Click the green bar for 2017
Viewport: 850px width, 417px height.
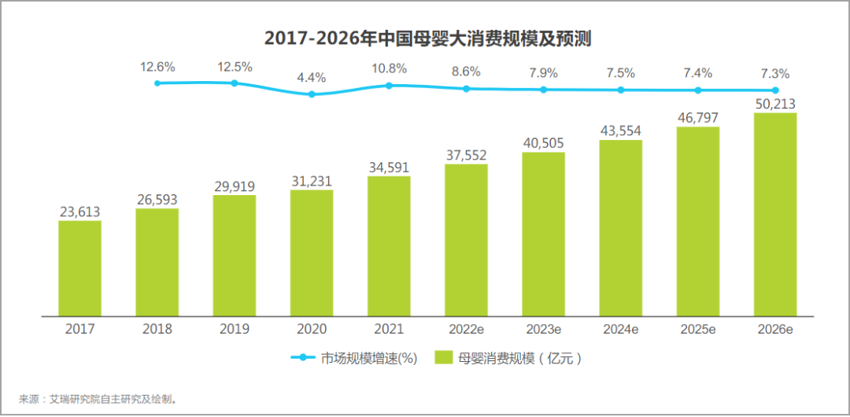coord(79,268)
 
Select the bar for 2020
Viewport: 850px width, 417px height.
coord(312,253)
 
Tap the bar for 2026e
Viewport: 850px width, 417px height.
coord(775,214)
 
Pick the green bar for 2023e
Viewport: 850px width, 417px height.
coord(543,234)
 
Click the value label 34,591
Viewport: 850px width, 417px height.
coord(389,167)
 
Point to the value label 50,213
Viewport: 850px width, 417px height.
coord(775,103)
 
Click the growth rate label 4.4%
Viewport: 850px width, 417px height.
coord(312,78)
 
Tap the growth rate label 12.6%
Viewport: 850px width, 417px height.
coord(157,66)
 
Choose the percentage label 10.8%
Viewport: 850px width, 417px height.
coord(389,68)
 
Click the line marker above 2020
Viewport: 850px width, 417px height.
coord(312,94)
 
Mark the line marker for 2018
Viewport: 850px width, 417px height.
coord(157,83)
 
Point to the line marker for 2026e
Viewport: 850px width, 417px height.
coord(775,90)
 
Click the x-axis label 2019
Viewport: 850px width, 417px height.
coord(235,330)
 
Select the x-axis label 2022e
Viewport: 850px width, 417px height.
coord(466,330)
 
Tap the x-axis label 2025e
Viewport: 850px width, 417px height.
coord(698,330)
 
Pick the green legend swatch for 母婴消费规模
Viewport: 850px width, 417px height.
coord(443,358)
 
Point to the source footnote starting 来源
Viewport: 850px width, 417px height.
coord(99,399)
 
